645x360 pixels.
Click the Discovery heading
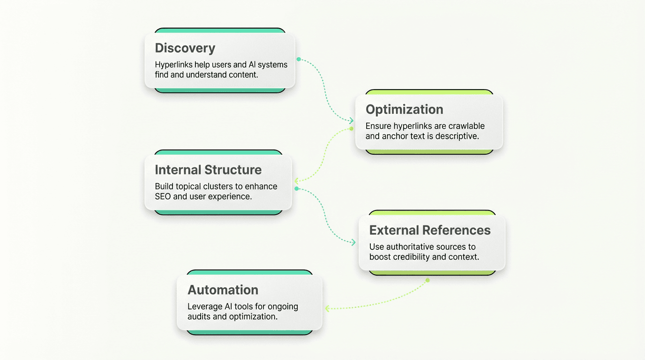click(x=185, y=48)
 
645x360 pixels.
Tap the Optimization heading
click(x=404, y=110)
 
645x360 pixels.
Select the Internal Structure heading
click(x=208, y=170)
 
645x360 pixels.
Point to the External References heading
click(x=430, y=231)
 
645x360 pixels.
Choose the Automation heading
click(x=223, y=290)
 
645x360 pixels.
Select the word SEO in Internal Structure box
click(x=163, y=196)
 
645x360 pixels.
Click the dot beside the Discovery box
click(x=299, y=60)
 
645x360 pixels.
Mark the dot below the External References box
click(x=427, y=280)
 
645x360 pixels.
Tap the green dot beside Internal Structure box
click(x=296, y=188)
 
